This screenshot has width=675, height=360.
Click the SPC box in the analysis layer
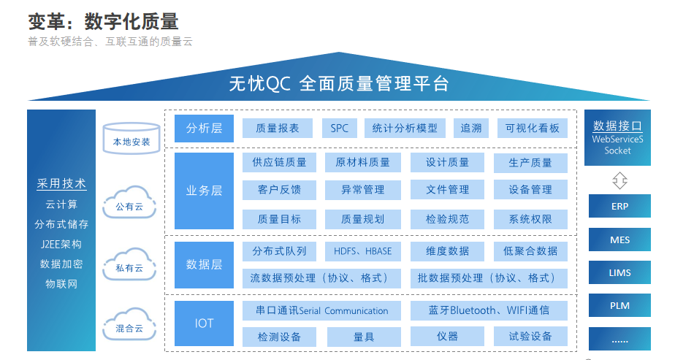[339, 129]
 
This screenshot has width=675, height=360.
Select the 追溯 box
[471, 129]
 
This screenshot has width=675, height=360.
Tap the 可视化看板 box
[532, 129]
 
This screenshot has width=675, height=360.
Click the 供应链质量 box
[279, 163]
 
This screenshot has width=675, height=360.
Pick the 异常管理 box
[362, 190]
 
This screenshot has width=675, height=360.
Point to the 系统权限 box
[530, 219]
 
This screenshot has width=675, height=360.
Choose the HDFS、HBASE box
[362, 251]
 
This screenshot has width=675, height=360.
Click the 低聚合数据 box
[530, 251]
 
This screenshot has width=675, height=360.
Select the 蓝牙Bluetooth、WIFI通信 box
[489, 310]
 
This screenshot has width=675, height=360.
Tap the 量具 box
[364, 337]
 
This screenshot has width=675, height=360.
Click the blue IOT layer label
[204, 323]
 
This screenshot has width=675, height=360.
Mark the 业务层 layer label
[204, 191]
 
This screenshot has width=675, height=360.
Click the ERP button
[619, 207]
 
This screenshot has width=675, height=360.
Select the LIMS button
[619, 272]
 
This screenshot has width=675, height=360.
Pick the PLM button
[619, 306]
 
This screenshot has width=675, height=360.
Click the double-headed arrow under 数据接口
[619, 180]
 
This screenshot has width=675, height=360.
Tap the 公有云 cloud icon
[129, 202]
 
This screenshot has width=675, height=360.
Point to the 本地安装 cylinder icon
[131, 138]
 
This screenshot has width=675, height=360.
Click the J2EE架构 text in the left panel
[61, 245]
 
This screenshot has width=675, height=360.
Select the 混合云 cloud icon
[129, 324]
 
